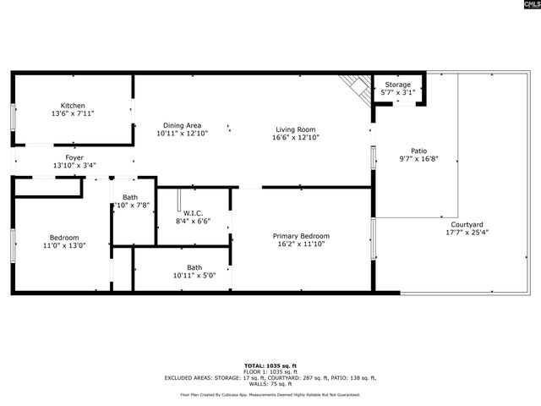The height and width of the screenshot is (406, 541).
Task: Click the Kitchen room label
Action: point(72,106)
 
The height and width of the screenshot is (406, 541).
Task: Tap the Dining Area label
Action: point(182,125)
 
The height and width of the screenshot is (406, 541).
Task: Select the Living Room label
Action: point(295,129)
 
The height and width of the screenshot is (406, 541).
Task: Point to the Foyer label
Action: point(74,157)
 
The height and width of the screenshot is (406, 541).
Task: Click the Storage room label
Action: point(397,85)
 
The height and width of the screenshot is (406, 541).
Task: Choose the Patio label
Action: point(413,151)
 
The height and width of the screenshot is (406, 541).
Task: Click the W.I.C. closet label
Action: point(192,213)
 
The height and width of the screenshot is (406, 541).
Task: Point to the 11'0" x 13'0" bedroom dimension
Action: point(64,245)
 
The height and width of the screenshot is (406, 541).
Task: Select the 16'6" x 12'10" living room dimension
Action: point(295,137)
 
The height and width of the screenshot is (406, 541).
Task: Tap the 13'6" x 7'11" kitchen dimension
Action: point(72,113)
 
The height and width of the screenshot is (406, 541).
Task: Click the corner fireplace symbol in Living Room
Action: point(356,85)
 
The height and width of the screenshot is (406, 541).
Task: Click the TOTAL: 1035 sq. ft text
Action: point(270,365)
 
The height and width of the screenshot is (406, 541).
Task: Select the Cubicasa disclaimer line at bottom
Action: point(270,394)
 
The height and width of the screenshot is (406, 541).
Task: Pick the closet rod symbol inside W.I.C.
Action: point(179,200)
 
